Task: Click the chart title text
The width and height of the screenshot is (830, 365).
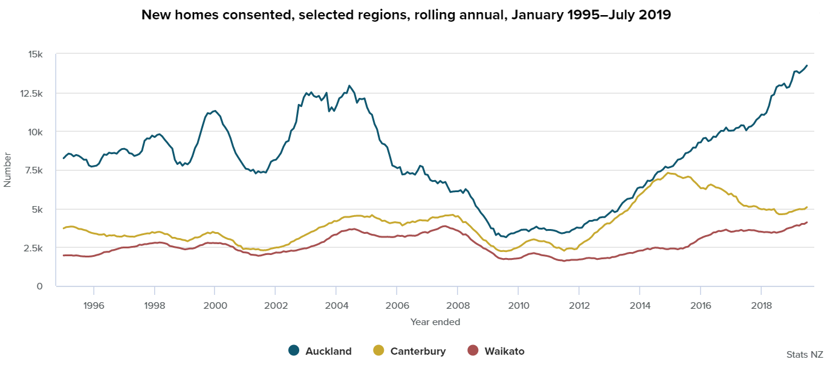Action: click(x=406, y=15)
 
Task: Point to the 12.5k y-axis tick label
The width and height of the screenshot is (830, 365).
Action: click(x=31, y=93)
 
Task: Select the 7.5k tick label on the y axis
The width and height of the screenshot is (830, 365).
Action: click(x=33, y=170)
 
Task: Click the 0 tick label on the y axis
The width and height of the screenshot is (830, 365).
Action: click(x=40, y=286)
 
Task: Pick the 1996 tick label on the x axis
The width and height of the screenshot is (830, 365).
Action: click(x=94, y=305)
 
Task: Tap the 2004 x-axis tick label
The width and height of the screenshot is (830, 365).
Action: click(x=336, y=305)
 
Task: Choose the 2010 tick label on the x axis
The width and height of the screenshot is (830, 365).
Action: click(x=518, y=305)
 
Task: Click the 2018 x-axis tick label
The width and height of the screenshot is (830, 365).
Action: click(x=760, y=305)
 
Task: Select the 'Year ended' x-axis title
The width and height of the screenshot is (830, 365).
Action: click(x=435, y=322)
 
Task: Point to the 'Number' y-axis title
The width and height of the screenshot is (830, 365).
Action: click(x=8, y=170)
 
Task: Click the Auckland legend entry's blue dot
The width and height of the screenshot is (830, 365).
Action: click(x=294, y=350)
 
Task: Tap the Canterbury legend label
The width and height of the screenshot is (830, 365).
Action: click(x=418, y=351)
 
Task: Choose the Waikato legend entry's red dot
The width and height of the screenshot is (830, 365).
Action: click(x=473, y=350)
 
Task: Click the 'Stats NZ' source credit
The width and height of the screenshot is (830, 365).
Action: click(x=805, y=354)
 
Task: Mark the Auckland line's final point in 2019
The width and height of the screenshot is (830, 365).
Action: click(x=806, y=65)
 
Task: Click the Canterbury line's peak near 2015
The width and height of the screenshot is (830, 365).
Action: click(x=668, y=173)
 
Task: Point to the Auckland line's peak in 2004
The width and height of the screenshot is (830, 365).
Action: click(x=349, y=86)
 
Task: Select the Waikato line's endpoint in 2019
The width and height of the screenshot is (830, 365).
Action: click(x=806, y=222)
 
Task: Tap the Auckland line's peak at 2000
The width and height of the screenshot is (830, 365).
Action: click(x=215, y=111)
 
